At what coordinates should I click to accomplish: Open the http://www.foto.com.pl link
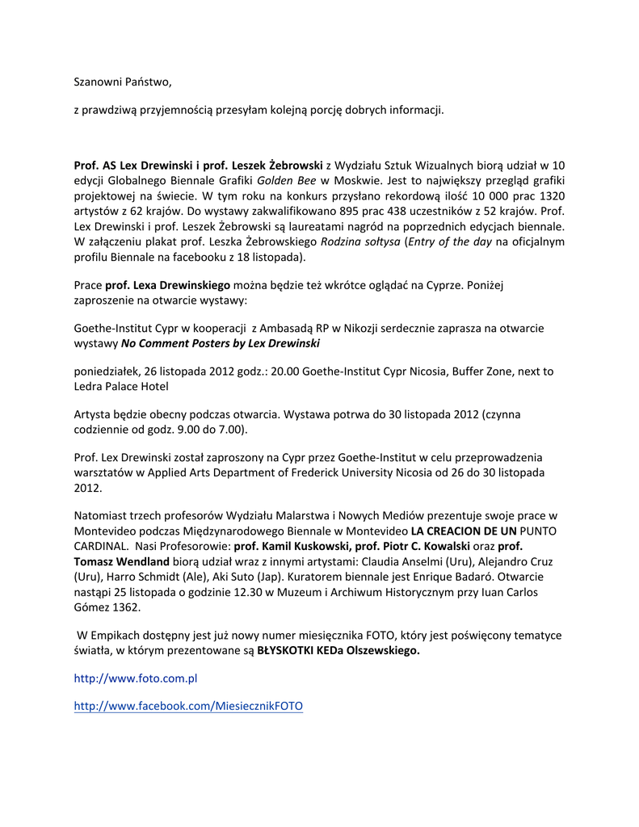[135, 679]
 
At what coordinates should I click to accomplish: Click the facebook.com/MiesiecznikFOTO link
[188, 706]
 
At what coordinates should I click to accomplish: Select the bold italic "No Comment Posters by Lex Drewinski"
[221, 344]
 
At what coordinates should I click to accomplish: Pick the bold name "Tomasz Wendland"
[121, 561]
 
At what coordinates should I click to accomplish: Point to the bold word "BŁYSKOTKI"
[289, 652]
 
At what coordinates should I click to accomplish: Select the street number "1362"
[128, 607]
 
